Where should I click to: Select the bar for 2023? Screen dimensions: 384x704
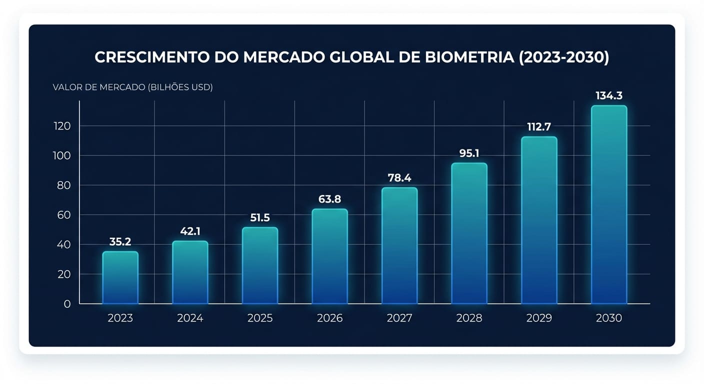click(120, 277)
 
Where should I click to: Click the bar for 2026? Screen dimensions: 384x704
click(329, 256)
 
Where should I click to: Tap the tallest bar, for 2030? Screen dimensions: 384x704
click(608, 204)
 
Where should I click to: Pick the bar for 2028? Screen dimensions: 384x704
click(469, 233)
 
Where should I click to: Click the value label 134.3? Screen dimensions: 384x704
click(608, 95)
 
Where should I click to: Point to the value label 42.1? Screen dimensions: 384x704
click(190, 231)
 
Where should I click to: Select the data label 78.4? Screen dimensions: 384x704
click(399, 178)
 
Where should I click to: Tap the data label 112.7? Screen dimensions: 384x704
click(538, 127)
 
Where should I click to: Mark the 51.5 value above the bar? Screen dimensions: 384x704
click(259, 217)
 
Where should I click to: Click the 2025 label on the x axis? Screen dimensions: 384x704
click(260, 318)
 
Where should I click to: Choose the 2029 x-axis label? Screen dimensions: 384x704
click(539, 318)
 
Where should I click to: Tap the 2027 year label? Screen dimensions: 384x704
click(399, 318)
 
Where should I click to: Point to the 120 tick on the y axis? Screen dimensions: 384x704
click(62, 126)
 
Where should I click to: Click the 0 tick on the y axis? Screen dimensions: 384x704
click(67, 304)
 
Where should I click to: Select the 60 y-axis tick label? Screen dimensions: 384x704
click(64, 215)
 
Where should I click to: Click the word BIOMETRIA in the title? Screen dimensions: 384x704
click(469, 57)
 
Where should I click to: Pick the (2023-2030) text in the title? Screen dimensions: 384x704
click(564, 57)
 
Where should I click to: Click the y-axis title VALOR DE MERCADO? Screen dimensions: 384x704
click(99, 87)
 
